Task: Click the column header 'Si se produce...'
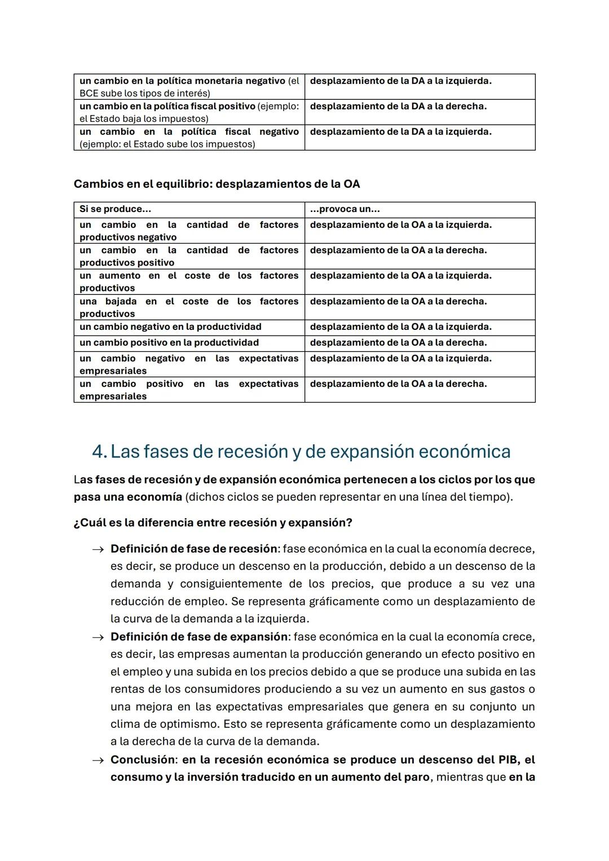[116, 209]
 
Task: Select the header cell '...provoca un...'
[345, 209]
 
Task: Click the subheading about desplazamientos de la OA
[217, 184]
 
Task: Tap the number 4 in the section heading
[99, 452]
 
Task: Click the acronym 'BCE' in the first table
[89, 94]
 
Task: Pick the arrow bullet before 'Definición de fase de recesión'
[98, 549]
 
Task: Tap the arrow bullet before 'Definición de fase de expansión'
[98, 637]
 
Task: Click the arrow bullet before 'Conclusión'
[98, 760]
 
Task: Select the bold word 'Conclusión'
[143, 760]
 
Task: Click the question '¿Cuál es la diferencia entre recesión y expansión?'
[213, 523]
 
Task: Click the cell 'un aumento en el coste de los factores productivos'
[189, 281]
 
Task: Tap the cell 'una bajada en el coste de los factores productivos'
[189, 307]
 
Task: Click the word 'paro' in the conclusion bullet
[417, 777]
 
